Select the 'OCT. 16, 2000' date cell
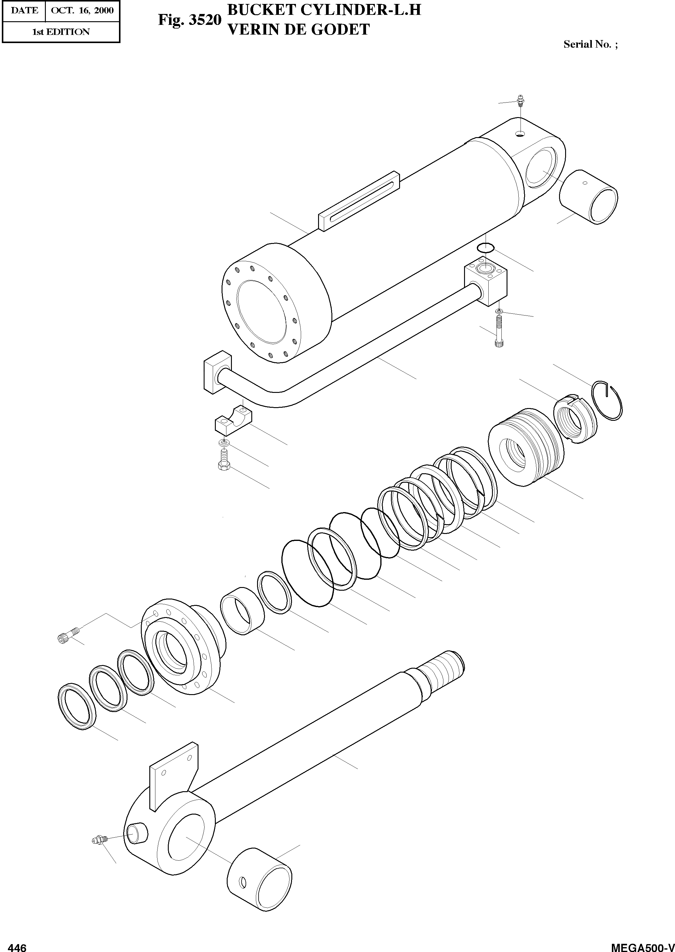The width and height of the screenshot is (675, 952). pyautogui.click(x=82, y=10)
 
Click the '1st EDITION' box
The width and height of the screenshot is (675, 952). pyautogui.click(x=61, y=32)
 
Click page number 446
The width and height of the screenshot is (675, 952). pyautogui.click(x=18, y=945)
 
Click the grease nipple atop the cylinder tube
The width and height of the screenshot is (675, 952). pyautogui.click(x=520, y=101)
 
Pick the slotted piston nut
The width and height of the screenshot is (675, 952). pyautogui.click(x=575, y=420)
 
